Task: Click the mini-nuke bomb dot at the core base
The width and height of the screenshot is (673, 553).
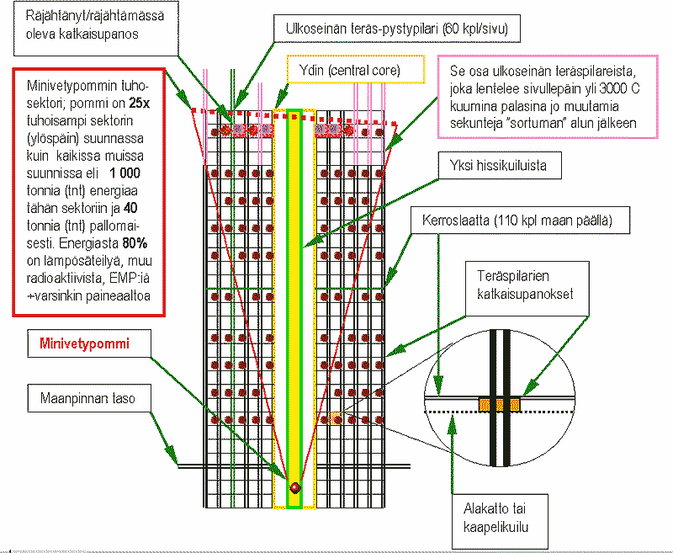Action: click(295, 487)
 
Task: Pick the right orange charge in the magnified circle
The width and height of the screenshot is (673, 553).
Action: click(512, 405)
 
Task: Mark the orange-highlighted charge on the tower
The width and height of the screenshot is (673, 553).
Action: click(336, 418)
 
